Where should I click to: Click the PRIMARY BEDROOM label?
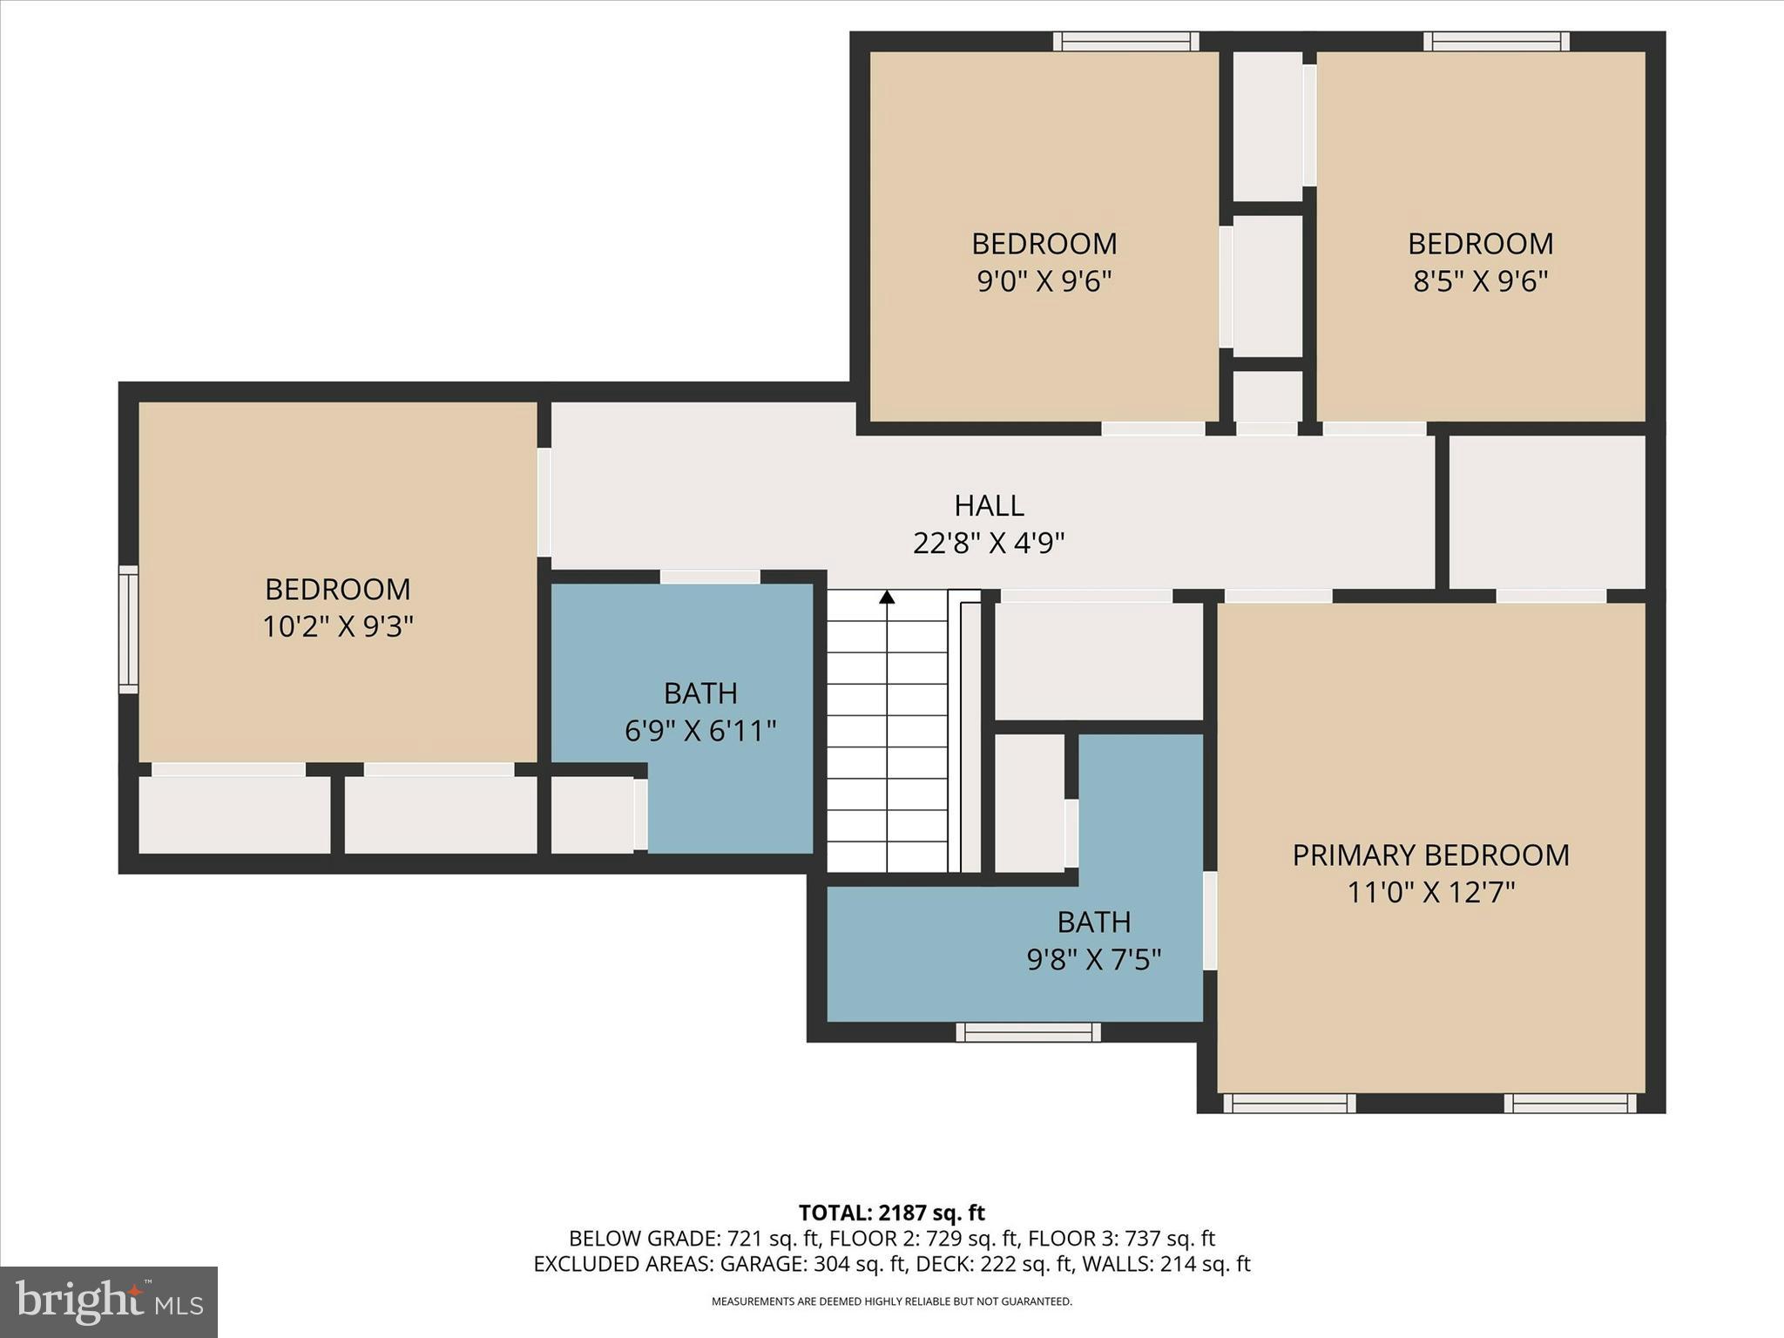tap(1430, 855)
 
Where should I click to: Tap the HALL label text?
tap(989, 506)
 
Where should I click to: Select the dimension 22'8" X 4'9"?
tap(989, 544)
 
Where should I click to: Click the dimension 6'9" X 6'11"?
tap(700, 731)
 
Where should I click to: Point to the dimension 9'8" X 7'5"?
tap(1094, 960)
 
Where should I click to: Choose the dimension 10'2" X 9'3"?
tap(338, 626)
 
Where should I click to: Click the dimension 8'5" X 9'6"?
tap(1480, 281)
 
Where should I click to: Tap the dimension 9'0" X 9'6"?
tap(1044, 281)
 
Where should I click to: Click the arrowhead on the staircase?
tap(887, 598)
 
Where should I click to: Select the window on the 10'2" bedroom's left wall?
tap(128, 630)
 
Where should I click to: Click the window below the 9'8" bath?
tap(1028, 1032)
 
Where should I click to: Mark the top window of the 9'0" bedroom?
tap(1125, 41)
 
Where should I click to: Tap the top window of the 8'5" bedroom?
tap(1497, 41)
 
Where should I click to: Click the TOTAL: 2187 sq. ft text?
tap(891, 1213)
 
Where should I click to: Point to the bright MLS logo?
tap(108, 1301)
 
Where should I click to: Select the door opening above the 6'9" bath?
tap(710, 577)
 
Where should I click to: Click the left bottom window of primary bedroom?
tap(1289, 1104)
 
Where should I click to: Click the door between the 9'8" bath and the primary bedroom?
tap(1210, 920)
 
